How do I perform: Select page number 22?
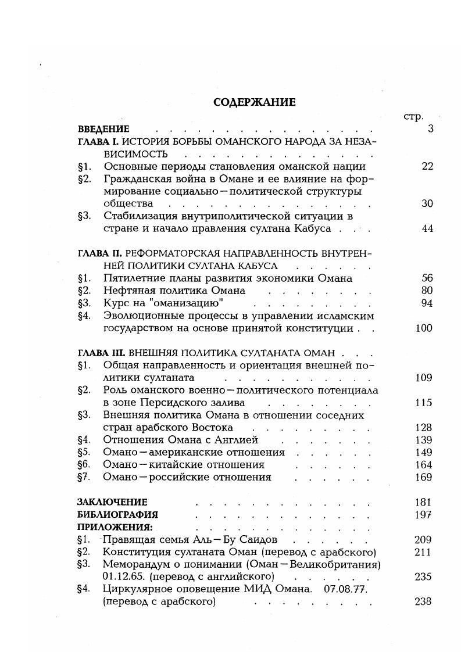(427, 166)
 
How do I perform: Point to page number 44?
(427, 228)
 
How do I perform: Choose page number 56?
(427, 278)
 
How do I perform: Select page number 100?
(424, 328)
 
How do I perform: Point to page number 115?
(424, 403)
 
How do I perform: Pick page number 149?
(424, 452)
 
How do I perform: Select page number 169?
(424, 477)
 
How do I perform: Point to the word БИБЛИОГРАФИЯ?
(117, 515)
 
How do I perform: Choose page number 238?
(424, 601)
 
